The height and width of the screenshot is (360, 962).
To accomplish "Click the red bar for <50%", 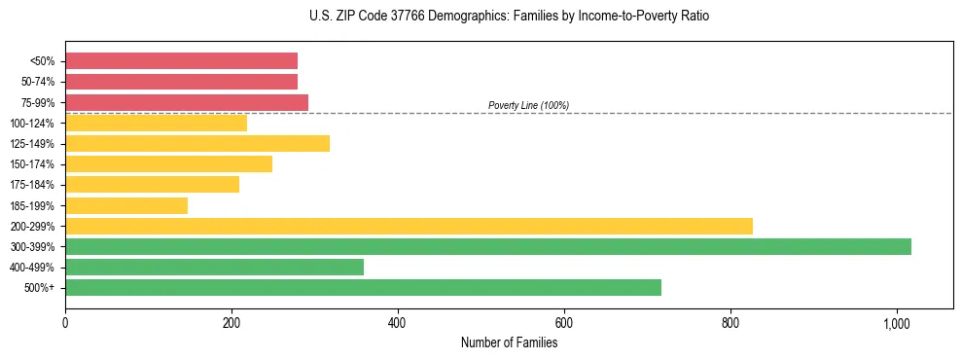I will click(181, 61).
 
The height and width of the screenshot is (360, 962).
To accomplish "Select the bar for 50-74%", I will click(181, 82).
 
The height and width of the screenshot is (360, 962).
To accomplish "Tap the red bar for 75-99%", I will click(187, 102).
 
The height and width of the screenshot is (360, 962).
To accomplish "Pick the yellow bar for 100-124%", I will click(156, 123).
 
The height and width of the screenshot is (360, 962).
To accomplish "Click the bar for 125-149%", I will click(197, 144).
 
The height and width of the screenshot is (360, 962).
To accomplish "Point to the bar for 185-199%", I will click(126, 205).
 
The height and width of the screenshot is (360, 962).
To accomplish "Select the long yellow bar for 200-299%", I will click(409, 226).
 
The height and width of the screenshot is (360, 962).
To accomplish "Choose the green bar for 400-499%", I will click(214, 267).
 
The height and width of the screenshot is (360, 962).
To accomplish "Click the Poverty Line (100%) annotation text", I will click(528, 105).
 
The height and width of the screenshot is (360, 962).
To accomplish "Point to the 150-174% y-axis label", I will click(32, 164).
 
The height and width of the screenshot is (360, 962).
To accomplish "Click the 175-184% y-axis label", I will click(32, 185).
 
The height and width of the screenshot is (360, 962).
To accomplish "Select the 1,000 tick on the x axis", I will click(896, 321).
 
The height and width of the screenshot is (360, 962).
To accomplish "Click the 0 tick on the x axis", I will click(65, 321).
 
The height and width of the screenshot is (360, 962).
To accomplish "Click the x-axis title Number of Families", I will click(509, 342).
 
